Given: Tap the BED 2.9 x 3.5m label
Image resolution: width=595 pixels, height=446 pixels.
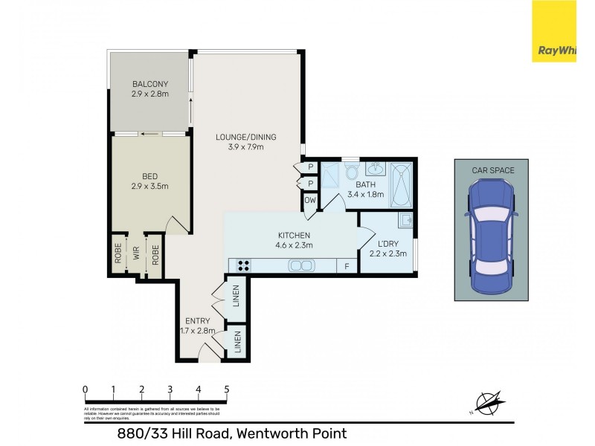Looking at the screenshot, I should [150, 181].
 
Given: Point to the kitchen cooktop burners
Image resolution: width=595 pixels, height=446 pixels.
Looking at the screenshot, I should [244, 265].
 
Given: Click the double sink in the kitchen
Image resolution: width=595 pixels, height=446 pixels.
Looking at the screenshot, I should [301, 265].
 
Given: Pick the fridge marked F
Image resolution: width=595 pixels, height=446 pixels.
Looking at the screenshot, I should [346, 266].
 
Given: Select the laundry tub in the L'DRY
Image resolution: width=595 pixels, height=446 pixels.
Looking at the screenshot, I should [405, 221].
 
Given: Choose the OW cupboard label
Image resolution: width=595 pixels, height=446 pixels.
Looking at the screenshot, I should [309, 201].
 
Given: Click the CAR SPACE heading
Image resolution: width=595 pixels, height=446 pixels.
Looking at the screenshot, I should [492, 170].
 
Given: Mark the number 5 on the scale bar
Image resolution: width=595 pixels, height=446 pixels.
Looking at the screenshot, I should [226, 389].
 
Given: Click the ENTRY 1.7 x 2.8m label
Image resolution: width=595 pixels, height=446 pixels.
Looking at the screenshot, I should [197, 326].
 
